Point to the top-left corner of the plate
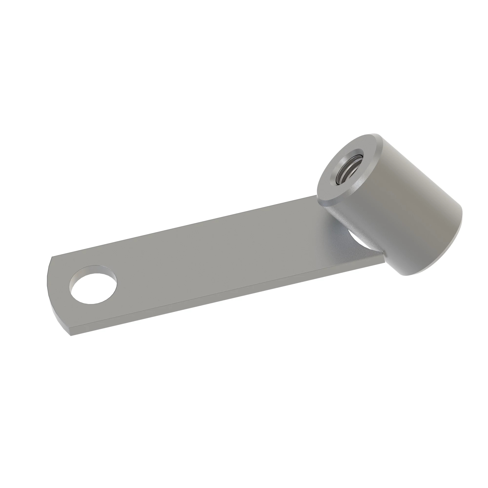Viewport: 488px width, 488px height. tap(52, 257)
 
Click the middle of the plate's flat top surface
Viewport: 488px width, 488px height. tap(215, 260)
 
